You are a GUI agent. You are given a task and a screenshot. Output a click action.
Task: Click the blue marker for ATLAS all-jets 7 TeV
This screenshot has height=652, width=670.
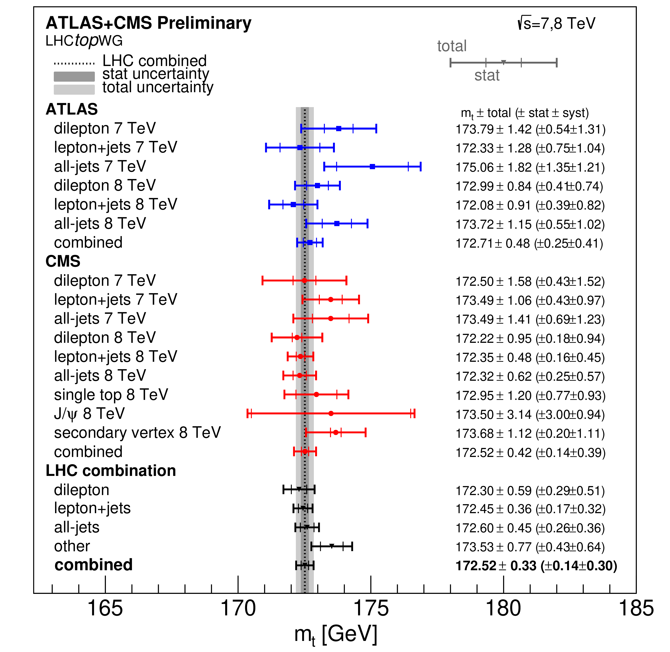(x=373, y=167)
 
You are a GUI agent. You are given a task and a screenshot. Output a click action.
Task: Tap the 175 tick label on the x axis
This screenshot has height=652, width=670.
(x=371, y=609)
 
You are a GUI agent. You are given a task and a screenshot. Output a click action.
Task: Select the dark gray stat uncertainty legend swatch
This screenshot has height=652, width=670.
(x=74, y=76)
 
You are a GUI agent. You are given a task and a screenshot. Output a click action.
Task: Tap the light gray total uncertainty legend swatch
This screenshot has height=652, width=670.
(x=74, y=89)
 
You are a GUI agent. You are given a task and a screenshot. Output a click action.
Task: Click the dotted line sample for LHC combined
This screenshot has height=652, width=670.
(x=74, y=63)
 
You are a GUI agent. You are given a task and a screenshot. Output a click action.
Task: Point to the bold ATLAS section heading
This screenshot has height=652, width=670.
(x=72, y=109)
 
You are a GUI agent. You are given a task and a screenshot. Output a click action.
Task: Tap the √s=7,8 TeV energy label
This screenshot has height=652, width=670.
(x=556, y=23)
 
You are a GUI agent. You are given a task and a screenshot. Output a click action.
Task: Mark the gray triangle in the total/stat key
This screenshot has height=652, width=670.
(x=504, y=62)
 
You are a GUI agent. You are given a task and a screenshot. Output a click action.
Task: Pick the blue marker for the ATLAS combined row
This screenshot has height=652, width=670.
(x=310, y=243)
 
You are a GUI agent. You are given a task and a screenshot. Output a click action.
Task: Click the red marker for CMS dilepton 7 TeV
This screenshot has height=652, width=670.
(x=304, y=280)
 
